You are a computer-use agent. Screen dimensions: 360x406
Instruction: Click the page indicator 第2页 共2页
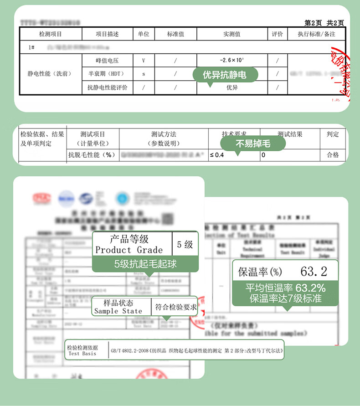[x=324, y=23]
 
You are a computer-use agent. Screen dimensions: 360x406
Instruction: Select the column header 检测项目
[x=50, y=34]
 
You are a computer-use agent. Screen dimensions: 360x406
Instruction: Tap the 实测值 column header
[x=231, y=34]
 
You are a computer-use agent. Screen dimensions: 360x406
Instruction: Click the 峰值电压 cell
[x=108, y=60]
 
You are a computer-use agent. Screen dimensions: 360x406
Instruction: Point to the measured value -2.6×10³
[x=231, y=60]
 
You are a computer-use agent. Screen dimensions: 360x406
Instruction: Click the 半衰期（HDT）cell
[x=108, y=73]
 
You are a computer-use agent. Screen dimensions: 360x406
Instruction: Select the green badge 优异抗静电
[x=224, y=75]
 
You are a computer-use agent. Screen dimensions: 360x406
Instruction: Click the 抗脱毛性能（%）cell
[x=92, y=155]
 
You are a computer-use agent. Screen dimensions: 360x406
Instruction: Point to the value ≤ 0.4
[x=217, y=155]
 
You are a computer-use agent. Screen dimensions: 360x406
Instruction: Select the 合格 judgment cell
[x=333, y=155]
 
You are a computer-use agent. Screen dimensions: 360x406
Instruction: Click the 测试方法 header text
[x=164, y=134]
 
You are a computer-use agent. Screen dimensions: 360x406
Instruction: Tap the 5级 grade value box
[x=185, y=244]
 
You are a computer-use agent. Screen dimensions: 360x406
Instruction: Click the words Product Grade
[x=129, y=250]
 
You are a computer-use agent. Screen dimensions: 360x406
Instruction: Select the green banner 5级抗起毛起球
[x=145, y=263]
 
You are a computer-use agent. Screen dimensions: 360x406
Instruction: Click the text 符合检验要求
[x=176, y=307]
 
